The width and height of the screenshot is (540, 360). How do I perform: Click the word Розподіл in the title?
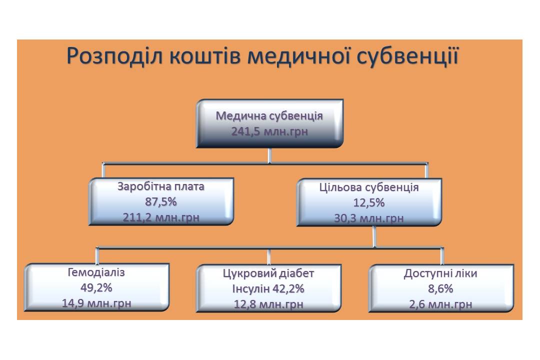[114, 56]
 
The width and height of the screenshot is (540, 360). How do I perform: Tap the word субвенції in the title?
[408, 55]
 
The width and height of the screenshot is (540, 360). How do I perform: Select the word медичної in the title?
[299, 56]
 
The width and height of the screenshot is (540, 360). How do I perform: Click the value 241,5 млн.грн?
[269, 131]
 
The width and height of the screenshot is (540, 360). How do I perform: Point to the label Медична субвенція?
[269, 116]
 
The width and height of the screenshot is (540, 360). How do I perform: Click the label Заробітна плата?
[161, 186]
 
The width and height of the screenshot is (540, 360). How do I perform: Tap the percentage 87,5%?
[161, 201]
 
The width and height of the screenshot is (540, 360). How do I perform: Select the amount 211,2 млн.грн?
[161, 217]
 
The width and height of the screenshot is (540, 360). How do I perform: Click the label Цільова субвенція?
[369, 187]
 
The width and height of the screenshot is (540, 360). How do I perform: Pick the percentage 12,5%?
[369, 202]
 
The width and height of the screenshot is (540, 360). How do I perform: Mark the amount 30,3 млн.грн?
[369, 218]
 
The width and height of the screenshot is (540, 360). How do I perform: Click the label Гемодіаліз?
[96, 272]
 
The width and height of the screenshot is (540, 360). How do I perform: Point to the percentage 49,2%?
[96, 287]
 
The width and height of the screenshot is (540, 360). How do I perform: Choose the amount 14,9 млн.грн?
[96, 303]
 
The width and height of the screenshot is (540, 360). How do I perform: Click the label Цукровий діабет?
[268, 273]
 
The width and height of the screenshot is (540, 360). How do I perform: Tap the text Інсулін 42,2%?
[268, 288]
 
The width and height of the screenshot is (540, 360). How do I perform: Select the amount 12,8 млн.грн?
[268, 304]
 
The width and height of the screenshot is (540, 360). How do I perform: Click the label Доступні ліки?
[441, 273]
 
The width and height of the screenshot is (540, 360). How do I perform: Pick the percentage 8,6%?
[441, 288]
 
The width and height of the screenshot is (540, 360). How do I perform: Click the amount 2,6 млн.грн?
[441, 304]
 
